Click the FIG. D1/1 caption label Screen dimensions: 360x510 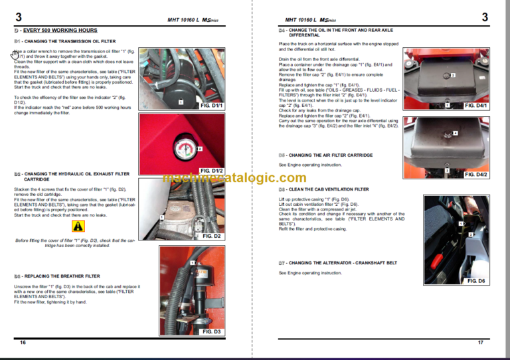click(x=212, y=106)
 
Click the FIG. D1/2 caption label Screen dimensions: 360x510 click(x=212, y=171)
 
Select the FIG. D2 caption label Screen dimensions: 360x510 click(x=212, y=236)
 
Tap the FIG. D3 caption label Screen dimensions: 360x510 click(x=212, y=331)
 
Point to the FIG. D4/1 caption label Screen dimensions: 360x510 click(x=475, y=106)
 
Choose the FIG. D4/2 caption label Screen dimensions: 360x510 click(x=475, y=174)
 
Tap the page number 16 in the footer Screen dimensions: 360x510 click(x=23, y=342)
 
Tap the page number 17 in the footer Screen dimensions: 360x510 click(x=480, y=342)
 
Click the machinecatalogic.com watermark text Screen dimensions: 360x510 click(x=234, y=177)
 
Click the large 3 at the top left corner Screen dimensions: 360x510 click(x=19, y=17)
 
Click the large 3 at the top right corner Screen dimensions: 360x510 click(x=485, y=17)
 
